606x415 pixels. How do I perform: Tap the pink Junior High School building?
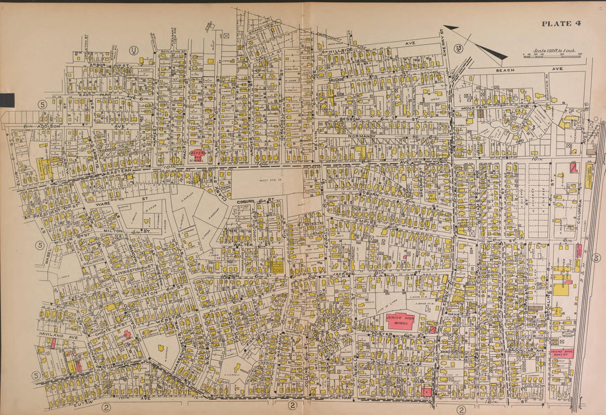(x=401, y=320)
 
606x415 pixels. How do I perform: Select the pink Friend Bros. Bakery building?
(x=562, y=353)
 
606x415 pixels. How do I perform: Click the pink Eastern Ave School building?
(x=197, y=155)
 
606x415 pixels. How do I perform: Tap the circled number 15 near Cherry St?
(x=458, y=48)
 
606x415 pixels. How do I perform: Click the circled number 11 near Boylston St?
(x=133, y=51)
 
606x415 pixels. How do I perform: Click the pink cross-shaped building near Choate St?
(x=127, y=334)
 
